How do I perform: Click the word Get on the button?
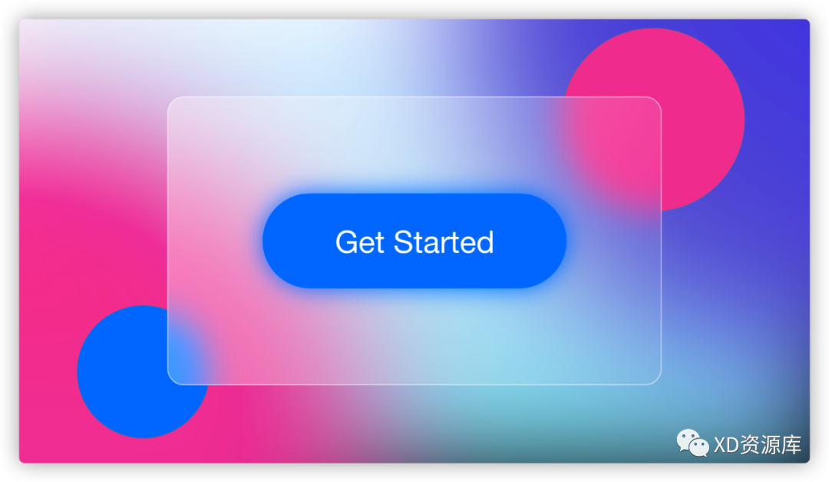coord(359,242)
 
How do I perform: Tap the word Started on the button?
coord(444,242)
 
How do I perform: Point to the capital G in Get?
coord(347,242)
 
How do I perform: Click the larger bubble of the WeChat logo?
coord(687,439)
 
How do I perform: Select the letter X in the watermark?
coord(719,445)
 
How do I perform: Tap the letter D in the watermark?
coord(732,445)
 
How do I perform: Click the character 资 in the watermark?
coord(749,445)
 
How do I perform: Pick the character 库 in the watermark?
coord(791,445)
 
